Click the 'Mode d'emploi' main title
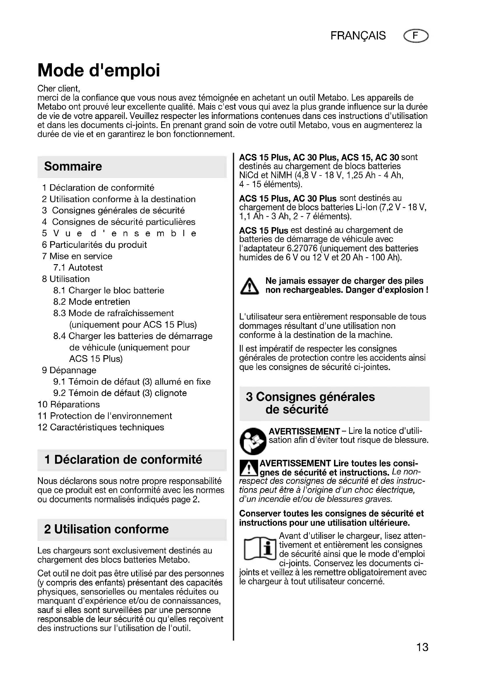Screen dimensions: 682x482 coord(98,71)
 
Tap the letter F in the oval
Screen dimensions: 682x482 coord(416,36)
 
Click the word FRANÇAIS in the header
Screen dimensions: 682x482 coord(358,36)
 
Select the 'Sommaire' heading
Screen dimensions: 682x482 coord(73,166)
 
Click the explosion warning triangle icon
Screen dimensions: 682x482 coord(249,286)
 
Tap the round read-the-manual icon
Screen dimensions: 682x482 coord(253,441)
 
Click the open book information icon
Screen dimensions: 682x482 coord(260,549)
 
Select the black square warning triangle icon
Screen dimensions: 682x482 coord(249,468)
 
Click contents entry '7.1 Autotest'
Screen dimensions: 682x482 coord(78,267)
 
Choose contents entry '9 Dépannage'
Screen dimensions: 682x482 coord(69,370)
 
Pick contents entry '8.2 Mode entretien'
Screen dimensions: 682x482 coord(92,302)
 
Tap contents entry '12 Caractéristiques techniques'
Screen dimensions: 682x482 coord(101,427)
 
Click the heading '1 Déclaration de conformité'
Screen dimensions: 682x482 coord(123,460)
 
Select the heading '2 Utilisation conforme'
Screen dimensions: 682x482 coord(106,529)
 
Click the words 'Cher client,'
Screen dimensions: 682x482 coord(59,89)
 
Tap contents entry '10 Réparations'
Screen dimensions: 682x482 coord(69,404)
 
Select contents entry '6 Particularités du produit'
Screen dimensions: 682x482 coord(94,245)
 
